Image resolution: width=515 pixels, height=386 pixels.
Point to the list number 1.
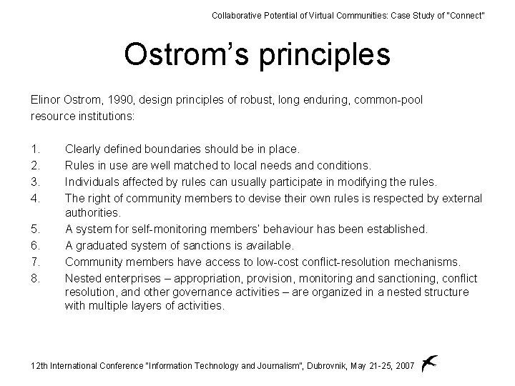35,149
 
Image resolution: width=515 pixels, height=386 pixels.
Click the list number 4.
35,197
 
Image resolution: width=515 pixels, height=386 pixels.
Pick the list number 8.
35,277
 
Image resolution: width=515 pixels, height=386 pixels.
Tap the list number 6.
35,245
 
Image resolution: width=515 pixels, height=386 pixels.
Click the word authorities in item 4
92,213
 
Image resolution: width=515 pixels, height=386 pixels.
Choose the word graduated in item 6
101,245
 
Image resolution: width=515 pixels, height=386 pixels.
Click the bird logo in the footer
428,363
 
